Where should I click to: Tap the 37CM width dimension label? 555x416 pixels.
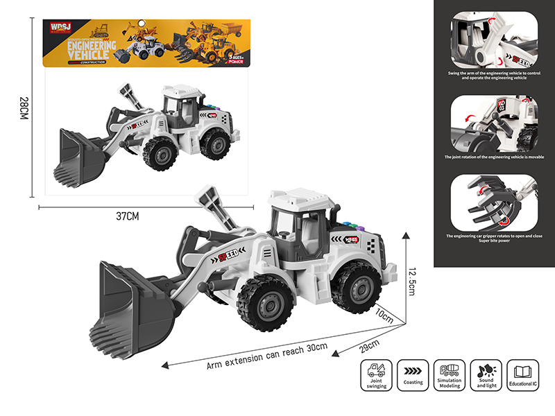click(x=128, y=216)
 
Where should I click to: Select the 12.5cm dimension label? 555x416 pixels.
click(x=413, y=281)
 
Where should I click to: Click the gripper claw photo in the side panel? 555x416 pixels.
click(x=493, y=204)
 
